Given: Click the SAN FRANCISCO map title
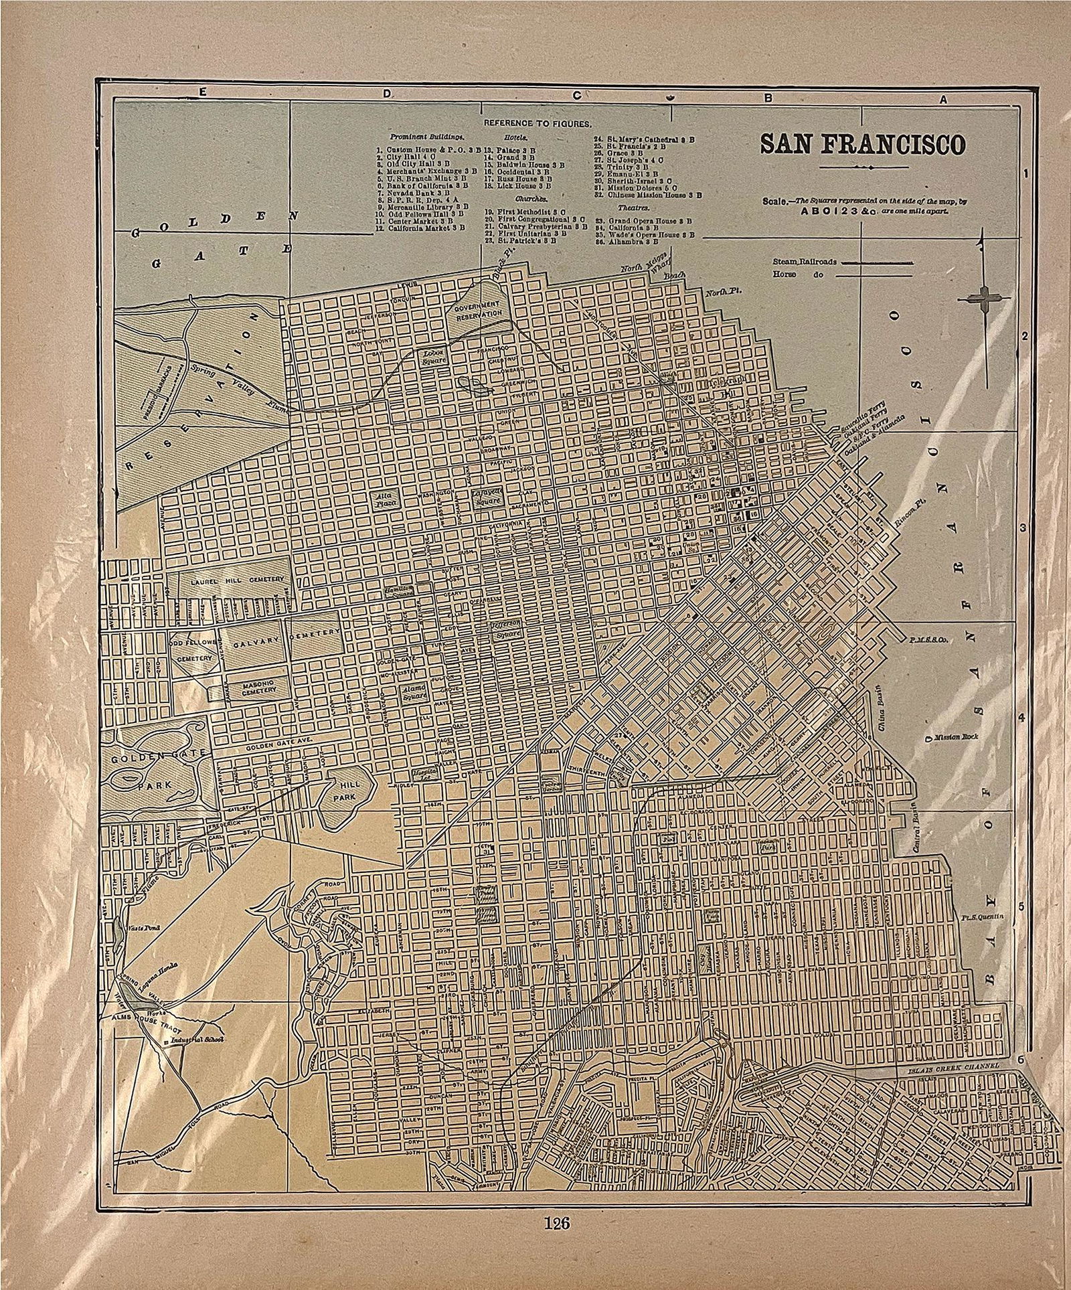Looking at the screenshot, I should pyautogui.click(x=861, y=145).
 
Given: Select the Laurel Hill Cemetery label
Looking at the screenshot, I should pyautogui.click(x=232, y=578).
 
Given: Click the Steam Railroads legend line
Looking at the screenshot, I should pyautogui.click(x=877, y=262).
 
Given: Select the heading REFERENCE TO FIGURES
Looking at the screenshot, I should pyautogui.click(x=538, y=124).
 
